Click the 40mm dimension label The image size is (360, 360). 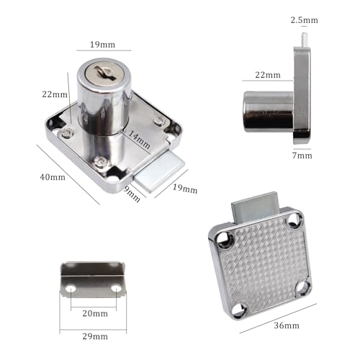coord(53,177)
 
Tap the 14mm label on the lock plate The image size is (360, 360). coord(139,140)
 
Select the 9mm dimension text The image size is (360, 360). coord(132,194)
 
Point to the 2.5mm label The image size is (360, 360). coord(305,20)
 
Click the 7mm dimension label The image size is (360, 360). coord(302,156)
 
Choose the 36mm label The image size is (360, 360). coord(287,325)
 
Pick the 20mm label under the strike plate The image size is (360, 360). coord(95,313)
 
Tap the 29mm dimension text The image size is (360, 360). coord(95,336)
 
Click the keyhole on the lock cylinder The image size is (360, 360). coord(104,72)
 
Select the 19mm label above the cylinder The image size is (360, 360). coord(102,45)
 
